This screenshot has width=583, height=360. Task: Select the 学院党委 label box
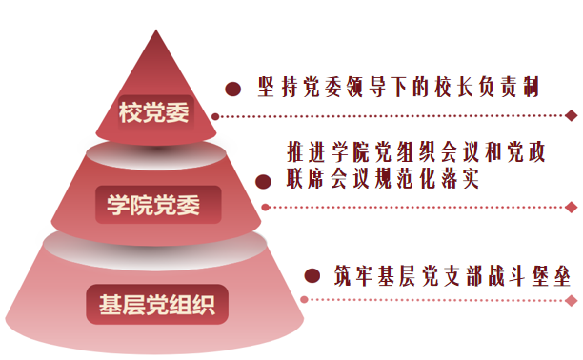click(158, 205)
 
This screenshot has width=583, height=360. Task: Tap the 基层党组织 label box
click(157, 305)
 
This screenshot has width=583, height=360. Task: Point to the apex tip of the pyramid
click(156, 30)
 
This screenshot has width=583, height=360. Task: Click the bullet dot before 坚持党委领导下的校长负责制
click(233, 89)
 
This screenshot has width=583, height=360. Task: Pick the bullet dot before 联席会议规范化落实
click(263, 182)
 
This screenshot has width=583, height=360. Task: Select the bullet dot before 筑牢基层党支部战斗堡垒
click(312, 275)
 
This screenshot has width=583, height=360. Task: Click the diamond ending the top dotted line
click(572, 115)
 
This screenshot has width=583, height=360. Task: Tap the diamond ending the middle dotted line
click(572, 208)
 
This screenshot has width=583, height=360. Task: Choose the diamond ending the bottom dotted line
click(572, 301)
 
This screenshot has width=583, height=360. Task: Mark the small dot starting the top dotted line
click(215, 117)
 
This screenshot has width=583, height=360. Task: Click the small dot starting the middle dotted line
click(265, 208)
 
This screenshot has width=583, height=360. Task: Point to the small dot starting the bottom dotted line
click(304, 299)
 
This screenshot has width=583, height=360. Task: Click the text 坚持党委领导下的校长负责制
click(398, 87)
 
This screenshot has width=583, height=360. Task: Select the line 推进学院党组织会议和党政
click(416, 151)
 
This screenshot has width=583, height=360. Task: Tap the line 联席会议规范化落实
click(383, 178)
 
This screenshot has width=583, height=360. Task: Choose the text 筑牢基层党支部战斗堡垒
click(452, 276)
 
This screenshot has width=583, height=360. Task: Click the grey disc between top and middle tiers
click(156, 154)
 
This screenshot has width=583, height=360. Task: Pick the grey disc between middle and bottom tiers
click(155, 250)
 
